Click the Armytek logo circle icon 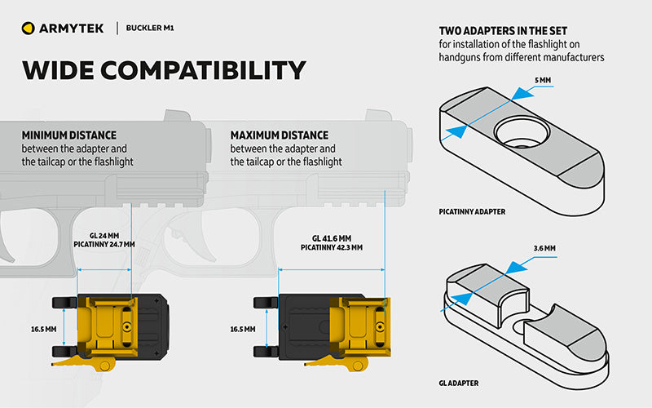pos(29,29)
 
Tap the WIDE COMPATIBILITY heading pos(164,70)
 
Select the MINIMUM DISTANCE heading pos(69,135)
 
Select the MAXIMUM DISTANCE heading pos(280,135)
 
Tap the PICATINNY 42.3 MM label pos(331,247)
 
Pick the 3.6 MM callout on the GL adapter pos(544,247)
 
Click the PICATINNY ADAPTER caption pos(472,212)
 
